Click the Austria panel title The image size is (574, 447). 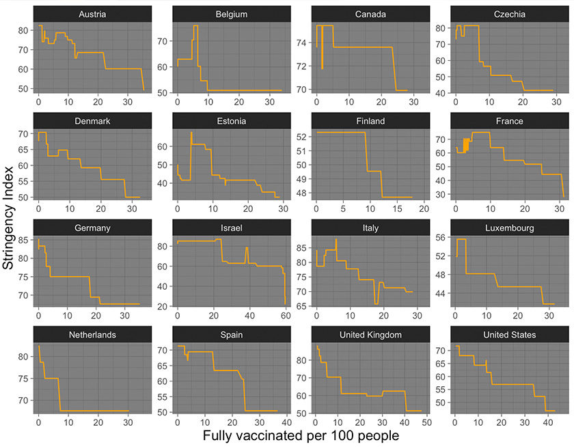tap(92, 14)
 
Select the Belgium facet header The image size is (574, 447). tap(231, 14)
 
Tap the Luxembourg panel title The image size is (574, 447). tap(508, 228)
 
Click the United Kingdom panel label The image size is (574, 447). tap(370, 335)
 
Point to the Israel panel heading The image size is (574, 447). tap(231, 228)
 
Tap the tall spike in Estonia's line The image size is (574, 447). tap(191, 133)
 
